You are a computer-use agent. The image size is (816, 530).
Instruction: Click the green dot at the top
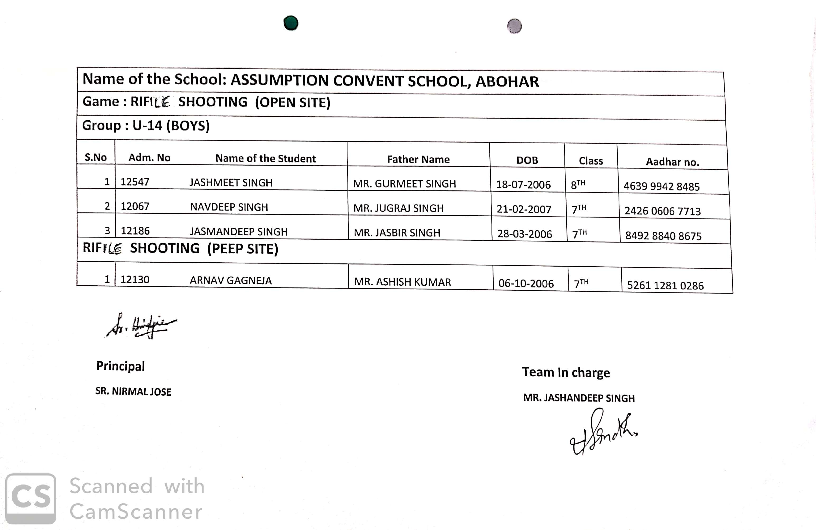(x=291, y=23)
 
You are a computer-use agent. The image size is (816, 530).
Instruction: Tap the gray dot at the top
(x=514, y=26)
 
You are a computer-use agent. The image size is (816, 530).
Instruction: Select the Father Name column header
(x=418, y=159)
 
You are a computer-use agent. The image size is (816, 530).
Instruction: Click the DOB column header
(x=527, y=160)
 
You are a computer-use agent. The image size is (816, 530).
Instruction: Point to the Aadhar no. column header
(x=672, y=162)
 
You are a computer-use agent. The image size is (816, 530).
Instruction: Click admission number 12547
(x=135, y=182)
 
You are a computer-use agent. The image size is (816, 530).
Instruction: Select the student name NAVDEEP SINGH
(x=229, y=207)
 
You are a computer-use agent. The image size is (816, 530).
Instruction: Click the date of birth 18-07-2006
(x=523, y=185)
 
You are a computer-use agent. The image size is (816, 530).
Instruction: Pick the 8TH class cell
(x=578, y=185)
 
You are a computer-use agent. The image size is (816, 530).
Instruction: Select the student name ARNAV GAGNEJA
(x=231, y=281)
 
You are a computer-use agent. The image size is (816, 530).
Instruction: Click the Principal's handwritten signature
(x=141, y=326)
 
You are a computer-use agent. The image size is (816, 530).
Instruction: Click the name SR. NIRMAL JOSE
(x=133, y=391)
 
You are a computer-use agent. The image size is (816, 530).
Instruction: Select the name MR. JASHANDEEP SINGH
(x=579, y=398)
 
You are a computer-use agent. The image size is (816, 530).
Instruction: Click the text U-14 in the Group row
(x=147, y=126)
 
